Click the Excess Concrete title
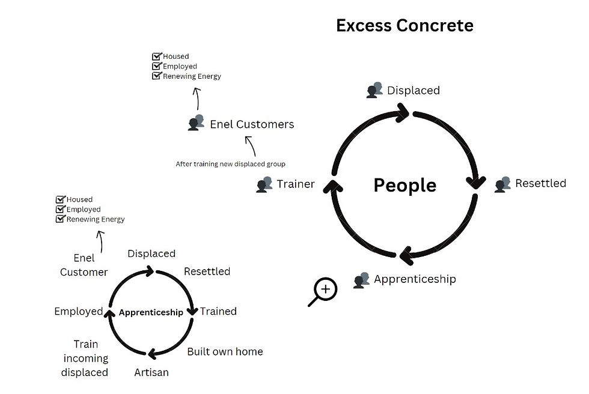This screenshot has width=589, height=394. pyautogui.click(x=404, y=26)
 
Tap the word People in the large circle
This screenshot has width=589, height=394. pyautogui.click(x=404, y=185)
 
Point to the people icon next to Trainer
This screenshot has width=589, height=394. pyautogui.click(x=264, y=184)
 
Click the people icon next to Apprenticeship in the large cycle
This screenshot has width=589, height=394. pyautogui.click(x=362, y=279)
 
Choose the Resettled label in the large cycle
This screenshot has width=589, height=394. pyautogui.click(x=540, y=183)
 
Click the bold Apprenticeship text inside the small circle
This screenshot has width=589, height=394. pyautogui.click(x=151, y=312)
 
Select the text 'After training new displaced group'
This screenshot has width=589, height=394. pyautogui.click(x=230, y=163)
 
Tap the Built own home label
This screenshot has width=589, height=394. pyautogui.click(x=225, y=351)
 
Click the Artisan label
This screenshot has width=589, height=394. pyautogui.click(x=151, y=372)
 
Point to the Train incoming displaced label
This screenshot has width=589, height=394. pyautogui.click(x=85, y=359)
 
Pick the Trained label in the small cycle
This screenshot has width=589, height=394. pyautogui.click(x=218, y=311)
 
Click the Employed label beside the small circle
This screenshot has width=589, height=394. pyautogui.click(x=79, y=311)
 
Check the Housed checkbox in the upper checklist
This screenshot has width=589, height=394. pyautogui.click(x=157, y=56)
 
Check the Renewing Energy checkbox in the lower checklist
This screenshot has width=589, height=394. pyautogui.click(x=60, y=219)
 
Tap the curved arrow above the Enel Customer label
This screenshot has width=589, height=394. pyautogui.click(x=100, y=241)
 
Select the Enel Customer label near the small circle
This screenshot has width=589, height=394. pyautogui.click(x=84, y=265)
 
